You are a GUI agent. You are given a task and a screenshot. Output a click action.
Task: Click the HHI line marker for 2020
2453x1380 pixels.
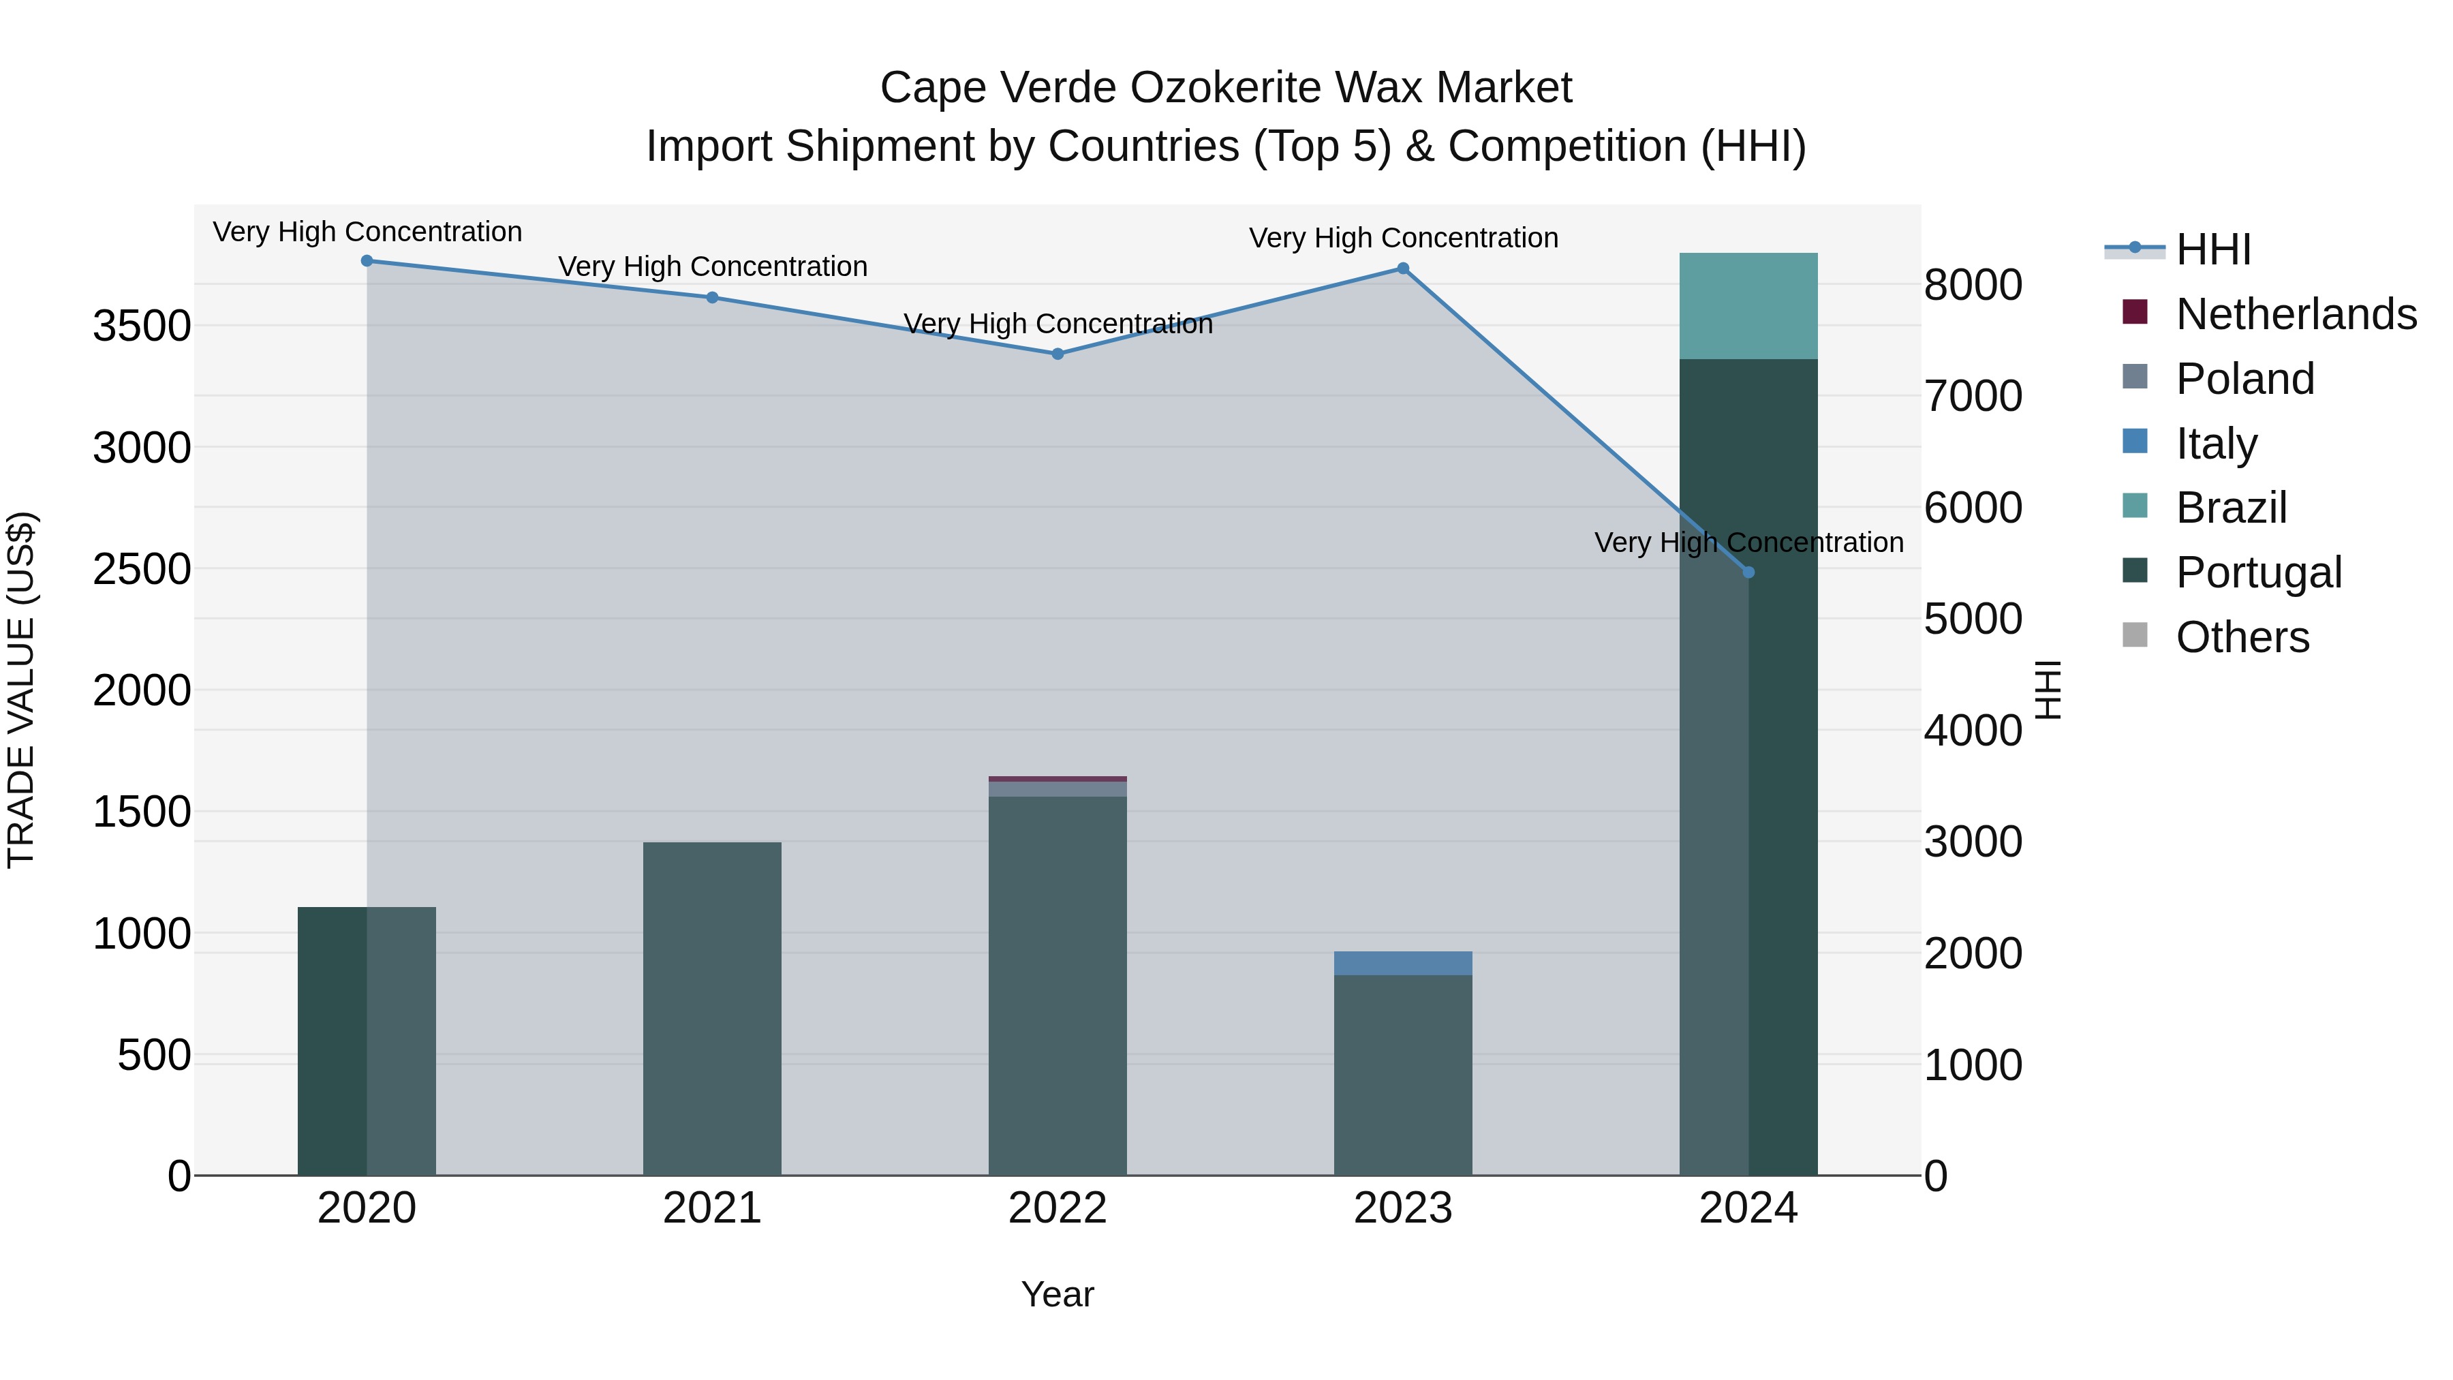(367, 261)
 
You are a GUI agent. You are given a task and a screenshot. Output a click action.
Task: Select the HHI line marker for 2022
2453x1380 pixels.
(1057, 354)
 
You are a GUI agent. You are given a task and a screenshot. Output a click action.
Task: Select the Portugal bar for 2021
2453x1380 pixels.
(711, 1009)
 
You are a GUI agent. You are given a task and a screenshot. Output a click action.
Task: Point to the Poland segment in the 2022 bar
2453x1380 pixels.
(1057, 788)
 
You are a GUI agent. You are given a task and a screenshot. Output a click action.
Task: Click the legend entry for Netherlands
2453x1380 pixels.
(2296, 314)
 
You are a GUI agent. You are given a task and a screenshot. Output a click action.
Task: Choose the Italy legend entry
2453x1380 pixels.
(2216, 444)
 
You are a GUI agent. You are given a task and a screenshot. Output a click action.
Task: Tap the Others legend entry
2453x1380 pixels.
(2242, 637)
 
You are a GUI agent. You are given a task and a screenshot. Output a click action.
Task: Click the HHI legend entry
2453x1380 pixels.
(2213, 249)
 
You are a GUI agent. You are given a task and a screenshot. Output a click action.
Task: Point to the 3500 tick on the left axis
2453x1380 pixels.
(142, 326)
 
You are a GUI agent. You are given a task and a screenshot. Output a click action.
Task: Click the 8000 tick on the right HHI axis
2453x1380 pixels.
(1973, 285)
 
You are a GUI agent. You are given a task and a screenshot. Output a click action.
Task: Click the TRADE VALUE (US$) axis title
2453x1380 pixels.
(21, 690)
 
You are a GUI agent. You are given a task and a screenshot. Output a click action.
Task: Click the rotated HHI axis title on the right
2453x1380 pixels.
(2048, 690)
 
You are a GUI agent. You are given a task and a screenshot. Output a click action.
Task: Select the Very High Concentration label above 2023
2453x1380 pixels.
(1403, 238)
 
